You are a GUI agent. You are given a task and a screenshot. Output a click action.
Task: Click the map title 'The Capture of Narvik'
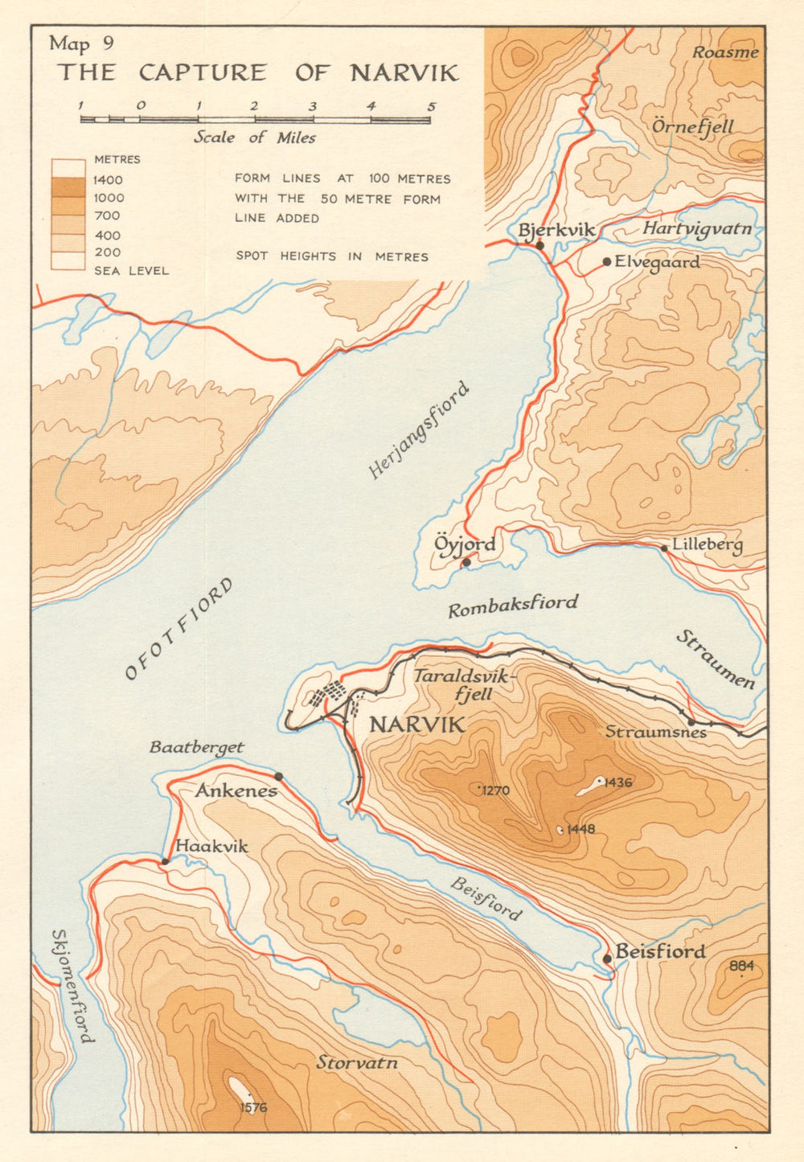tap(257, 73)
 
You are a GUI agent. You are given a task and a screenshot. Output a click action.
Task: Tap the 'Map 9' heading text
tap(80, 43)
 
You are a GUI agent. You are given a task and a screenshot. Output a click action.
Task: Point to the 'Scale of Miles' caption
tap(254, 138)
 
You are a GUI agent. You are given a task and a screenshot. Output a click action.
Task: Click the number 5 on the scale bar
tap(431, 106)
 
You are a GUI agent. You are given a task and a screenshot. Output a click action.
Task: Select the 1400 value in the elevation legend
tap(109, 180)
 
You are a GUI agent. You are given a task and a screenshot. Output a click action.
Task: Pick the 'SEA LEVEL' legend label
tap(132, 271)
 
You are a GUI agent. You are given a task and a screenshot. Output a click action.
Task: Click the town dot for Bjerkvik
tap(540, 245)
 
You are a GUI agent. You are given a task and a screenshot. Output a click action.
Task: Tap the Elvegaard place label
tap(657, 262)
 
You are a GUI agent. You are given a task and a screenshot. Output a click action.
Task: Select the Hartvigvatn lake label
tap(697, 229)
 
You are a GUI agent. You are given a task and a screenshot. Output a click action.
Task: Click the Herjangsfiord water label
tap(418, 430)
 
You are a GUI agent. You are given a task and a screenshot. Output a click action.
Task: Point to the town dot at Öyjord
tap(466, 562)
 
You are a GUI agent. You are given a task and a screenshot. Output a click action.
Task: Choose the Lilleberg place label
tap(708, 545)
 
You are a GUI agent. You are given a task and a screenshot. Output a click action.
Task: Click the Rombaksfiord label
tap(513, 606)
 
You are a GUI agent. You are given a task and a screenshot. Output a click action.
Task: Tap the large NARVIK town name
tap(416, 725)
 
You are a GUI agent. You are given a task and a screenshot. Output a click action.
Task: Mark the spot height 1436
tap(617, 782)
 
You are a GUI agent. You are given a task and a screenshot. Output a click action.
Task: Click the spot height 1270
tap(495, 790)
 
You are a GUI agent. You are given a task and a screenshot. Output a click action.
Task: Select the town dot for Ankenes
tap(279, 776)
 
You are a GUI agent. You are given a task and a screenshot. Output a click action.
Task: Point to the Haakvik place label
tap(211, 847)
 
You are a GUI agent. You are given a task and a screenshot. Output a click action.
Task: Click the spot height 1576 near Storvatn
tap(252, 1107)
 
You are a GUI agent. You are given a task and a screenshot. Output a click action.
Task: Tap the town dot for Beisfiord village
tap(607, 958)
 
